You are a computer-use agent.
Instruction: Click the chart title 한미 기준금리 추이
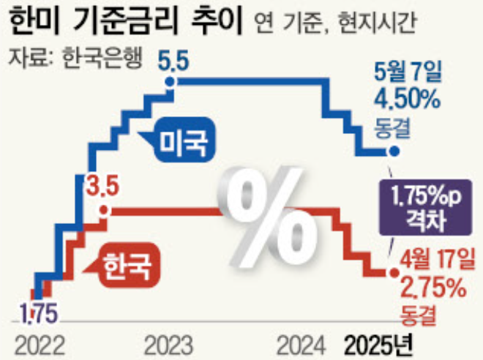point(128,22)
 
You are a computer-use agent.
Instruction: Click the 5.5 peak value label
point(175,66)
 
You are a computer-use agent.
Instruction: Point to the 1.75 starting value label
point(38,310)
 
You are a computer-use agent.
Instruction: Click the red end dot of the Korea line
point(396,273)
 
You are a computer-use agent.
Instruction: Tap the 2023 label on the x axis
point(169,342)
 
